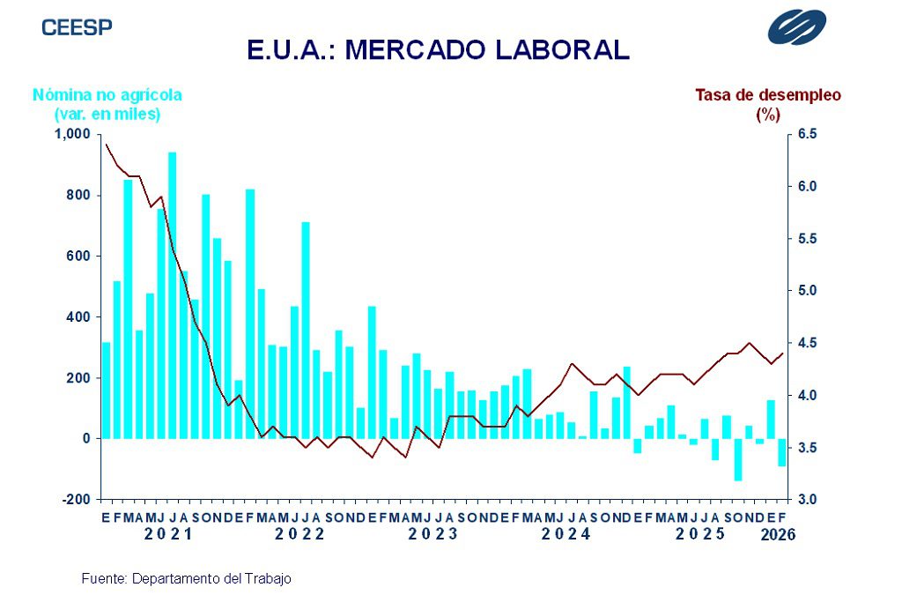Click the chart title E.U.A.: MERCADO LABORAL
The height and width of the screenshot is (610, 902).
coord(438,50)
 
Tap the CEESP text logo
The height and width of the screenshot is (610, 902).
coord(78,26)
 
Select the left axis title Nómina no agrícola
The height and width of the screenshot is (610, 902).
coord(107,95)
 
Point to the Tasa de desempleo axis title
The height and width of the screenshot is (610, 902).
coord(768,95)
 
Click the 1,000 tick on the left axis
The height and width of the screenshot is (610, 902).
coord(74,134)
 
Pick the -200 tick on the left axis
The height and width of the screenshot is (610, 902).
coord(76,499)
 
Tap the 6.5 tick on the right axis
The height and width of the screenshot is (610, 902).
coord(807,134)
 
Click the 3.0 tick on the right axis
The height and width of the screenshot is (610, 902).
coord(807,499)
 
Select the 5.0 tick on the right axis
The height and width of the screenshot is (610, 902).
coord(807,291)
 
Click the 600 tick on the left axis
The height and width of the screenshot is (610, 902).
coord(80,256)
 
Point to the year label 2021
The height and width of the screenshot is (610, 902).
coord(168,534)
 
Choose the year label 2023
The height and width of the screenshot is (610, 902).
coord(433,534)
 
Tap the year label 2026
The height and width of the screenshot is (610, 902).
coord(778,534)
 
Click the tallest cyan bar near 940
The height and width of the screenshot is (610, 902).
coord(173,295)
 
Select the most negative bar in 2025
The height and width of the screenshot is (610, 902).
coord(737,459)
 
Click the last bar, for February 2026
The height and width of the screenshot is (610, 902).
coord(781,452)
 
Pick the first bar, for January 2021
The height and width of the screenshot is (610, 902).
coord(107,390)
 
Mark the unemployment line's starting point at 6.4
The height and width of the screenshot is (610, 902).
coord(107,144)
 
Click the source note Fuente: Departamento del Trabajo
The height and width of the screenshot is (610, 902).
coord(186,579)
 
